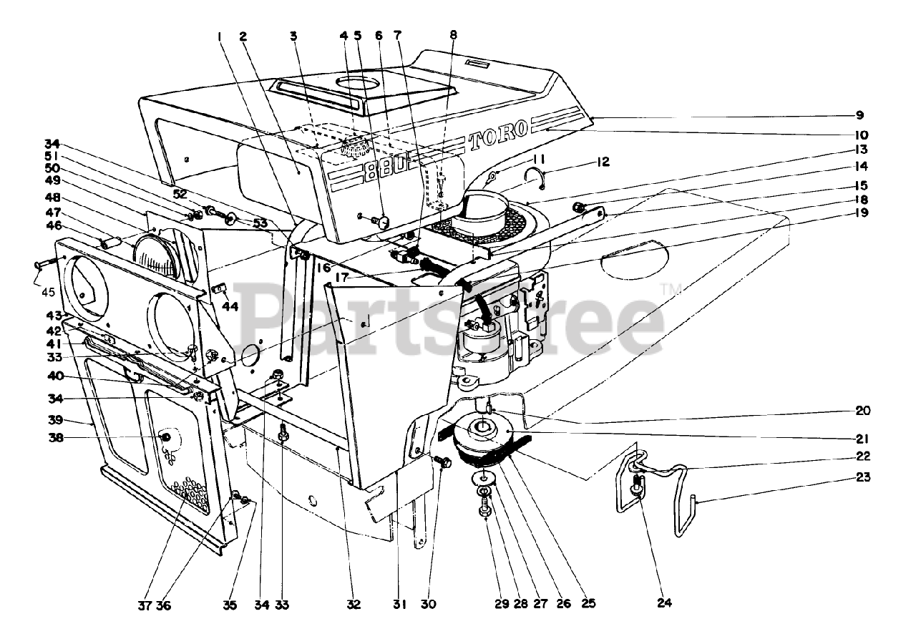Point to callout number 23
(x=863, y=477)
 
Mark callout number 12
(x=603, y=162)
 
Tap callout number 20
(x=862, y=411)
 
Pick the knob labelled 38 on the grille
(x=166, y=436)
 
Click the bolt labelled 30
(x=442, y=463)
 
